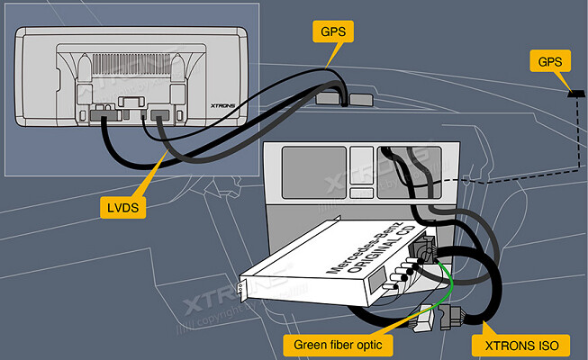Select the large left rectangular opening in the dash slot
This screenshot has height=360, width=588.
pos(312,171)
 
